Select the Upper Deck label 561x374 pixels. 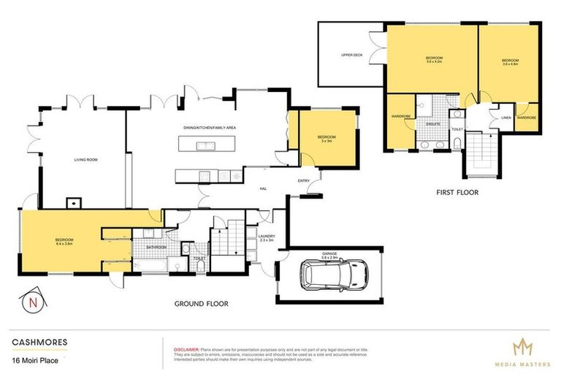(x=352, y=56)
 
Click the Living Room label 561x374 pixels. (x=86, y=159)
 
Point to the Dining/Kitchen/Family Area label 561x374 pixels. (x=209, y=128)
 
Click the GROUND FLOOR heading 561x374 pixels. (x=201, y=303)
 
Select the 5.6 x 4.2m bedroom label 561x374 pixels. (x=434, y=60)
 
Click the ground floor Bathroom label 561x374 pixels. (x=156, y=248)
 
